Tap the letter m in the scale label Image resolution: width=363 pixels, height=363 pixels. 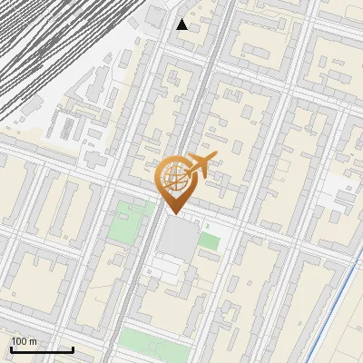(x=34, y=341)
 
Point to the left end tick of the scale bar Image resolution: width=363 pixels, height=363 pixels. (x=11, y=349)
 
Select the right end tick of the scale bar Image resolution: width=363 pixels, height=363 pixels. (x=73, y=349)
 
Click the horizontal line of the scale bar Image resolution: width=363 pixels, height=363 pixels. (x=42, y=351)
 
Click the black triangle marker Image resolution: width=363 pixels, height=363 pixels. (x=182, y=25)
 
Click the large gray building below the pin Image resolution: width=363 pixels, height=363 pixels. (x=180, y=238)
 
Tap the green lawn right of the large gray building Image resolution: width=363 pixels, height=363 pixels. (x=210, y=241)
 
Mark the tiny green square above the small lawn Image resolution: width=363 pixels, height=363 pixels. (x=207, y=226)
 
